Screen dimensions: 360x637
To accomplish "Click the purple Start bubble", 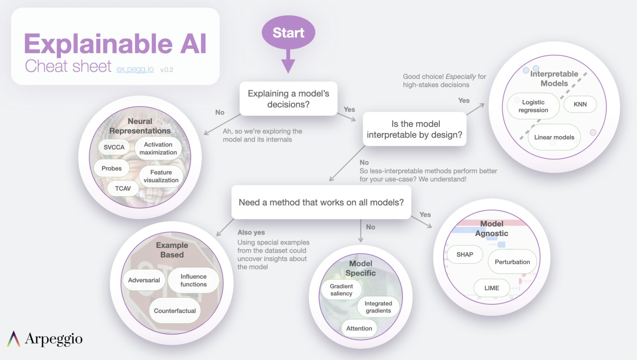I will pyautogui.click(x=288, y=33).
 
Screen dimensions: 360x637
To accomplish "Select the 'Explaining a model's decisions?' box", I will pyautogui.click(x=288, y=99).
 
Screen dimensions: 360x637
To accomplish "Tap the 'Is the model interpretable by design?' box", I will pyautogui.click(x=414, y=129).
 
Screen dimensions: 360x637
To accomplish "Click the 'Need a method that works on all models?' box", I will pyautogui.click(x=321, y=202).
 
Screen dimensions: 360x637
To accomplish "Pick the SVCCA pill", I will pyautogui.click(x=114, y=147).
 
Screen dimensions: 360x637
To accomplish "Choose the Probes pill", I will pyautogui.click(x=112, y=168).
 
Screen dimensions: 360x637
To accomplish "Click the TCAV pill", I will pyautogui.click(x=123, y=188).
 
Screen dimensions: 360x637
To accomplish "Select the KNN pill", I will pyautogui.click(x=580, y=104).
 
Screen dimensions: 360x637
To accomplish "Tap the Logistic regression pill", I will pyautogui.click(x=533, y=106).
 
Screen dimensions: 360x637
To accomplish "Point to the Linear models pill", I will pyautogui.click(x=554, y=137).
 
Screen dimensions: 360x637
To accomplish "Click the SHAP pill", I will pyautogui.click(x=465, y=254).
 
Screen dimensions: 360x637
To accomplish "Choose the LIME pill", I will pyautogui.click(x=491, y=288).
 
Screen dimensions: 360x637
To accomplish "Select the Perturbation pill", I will pyautogui.click(x=512, y=262).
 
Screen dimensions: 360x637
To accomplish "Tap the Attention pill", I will pyautogui.click(x=359, y=328).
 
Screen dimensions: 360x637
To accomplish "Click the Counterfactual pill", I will pyautogui.click(x=175, y=311).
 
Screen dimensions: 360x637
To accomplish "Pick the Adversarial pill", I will pyautogui.click(x=144, y=280).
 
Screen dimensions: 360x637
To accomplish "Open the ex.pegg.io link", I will pyautogui.click(x=135, y=69).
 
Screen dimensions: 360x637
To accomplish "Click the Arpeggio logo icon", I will pyautogui.click(x=13, y=339).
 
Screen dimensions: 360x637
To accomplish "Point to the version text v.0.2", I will pyautogui.click(x=167, y=70).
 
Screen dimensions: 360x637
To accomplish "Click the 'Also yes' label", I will pyautogui.click(x=251, y=232).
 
